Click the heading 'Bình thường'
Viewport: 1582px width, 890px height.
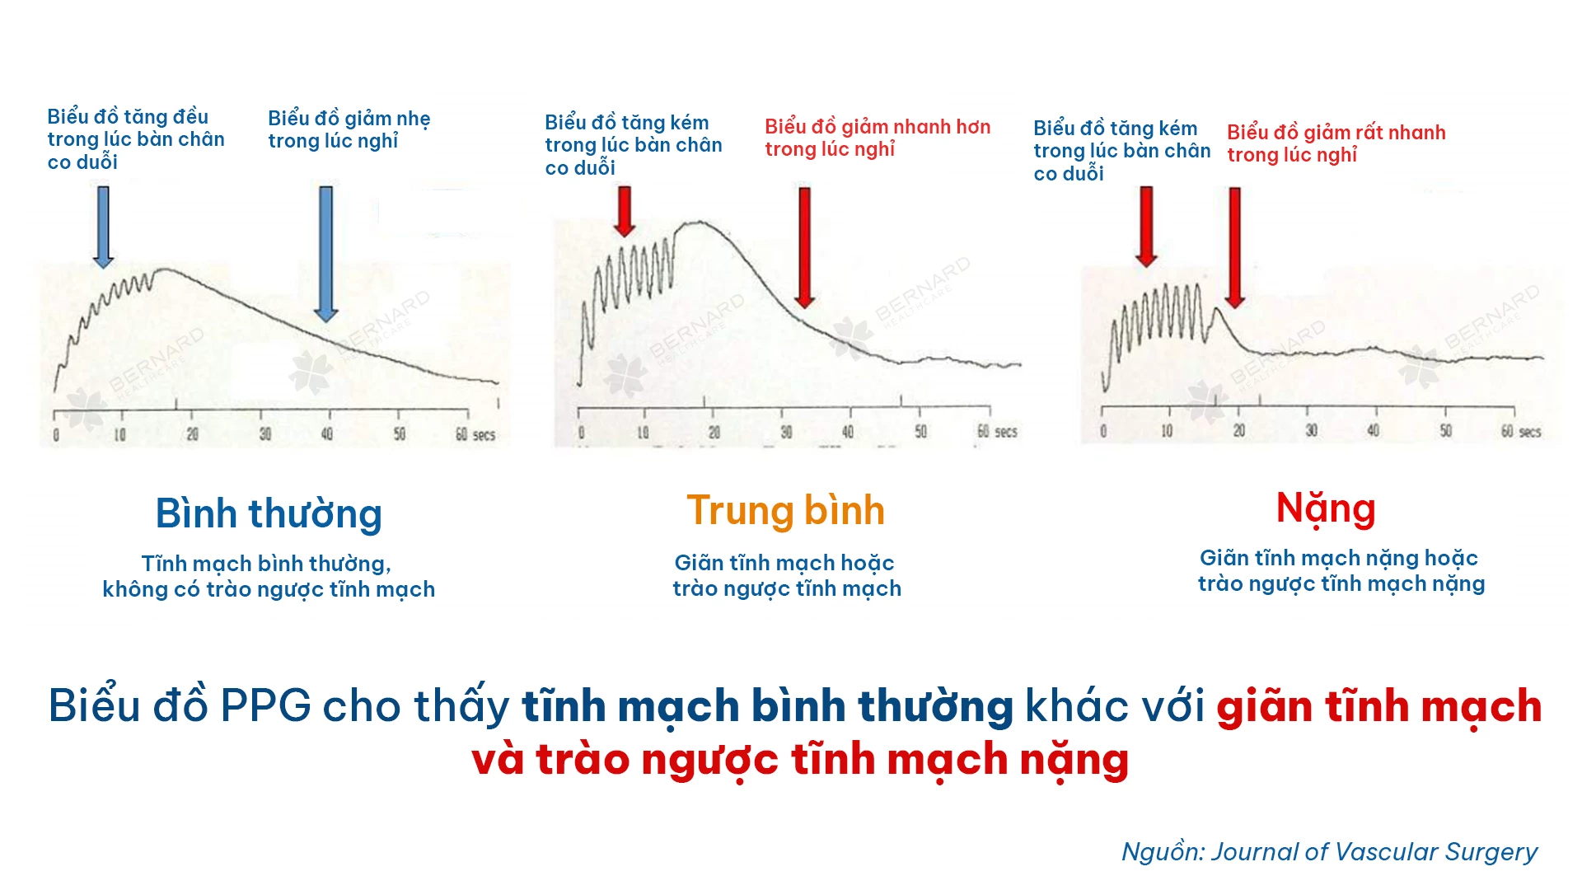pos(269,514)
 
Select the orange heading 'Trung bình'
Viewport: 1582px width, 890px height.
pos(785,511)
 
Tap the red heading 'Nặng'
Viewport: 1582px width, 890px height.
pos(1326,509)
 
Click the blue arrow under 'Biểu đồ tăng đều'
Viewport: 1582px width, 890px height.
pos(103,227)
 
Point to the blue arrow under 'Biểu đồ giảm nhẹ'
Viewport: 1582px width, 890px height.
pos(326,254)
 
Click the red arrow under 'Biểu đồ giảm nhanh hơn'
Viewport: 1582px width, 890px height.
pos(805,247)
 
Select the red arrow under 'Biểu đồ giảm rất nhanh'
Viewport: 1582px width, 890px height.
pos(1234,247)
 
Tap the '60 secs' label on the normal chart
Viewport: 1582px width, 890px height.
pos(475,434)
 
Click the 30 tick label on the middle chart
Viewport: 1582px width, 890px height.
pos(786,432)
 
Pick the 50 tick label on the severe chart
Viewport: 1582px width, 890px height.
pos(1446,431)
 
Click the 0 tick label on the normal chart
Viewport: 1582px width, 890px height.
pos(56,435)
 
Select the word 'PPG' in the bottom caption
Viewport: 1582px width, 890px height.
pos(266,706)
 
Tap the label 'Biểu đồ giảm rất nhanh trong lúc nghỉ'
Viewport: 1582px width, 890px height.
pos(1336,143)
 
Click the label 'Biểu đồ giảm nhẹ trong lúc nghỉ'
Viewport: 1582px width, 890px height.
pos(349,129)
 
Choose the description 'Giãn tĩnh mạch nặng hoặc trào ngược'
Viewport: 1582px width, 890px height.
pos(1341,570)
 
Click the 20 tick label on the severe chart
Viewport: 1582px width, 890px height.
pos(1238,431)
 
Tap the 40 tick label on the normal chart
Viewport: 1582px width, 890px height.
pos(327,434)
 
